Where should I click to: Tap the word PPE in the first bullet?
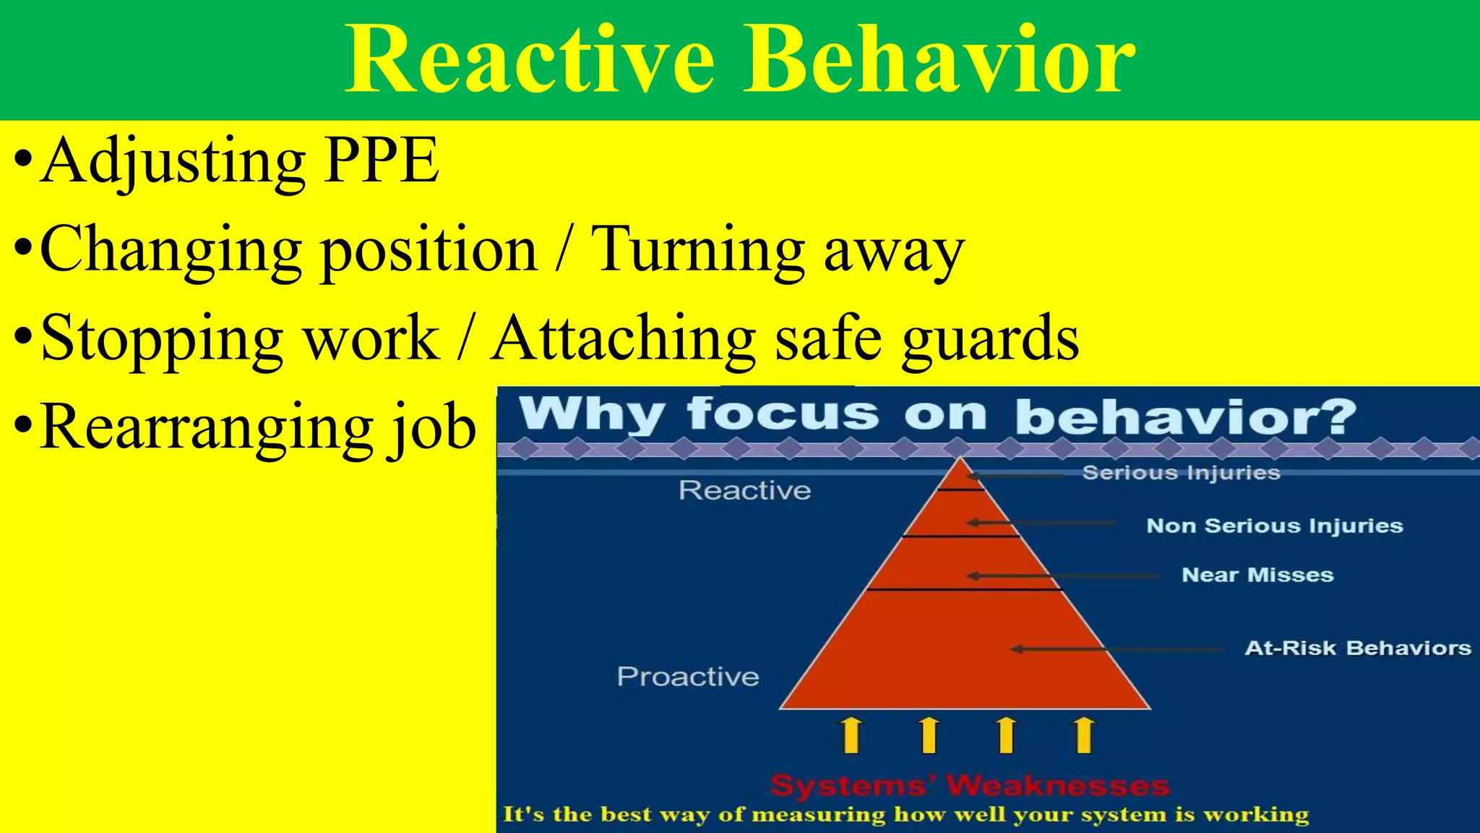point(381,160)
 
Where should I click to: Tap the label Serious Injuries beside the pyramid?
point(1181,473)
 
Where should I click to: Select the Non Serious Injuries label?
point(1274,526)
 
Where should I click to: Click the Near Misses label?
point(1257,575)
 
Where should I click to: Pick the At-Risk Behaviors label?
point(1357,648)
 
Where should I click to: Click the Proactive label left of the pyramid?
point(687,677)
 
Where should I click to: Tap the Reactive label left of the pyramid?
point(744,491)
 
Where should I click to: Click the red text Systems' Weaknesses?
point(969,785)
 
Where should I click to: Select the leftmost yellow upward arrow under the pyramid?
point(852,735)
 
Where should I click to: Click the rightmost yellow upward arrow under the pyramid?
point(1083,735)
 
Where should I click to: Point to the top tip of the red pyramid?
point(960,461)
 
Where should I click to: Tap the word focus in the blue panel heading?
point(782,414)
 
